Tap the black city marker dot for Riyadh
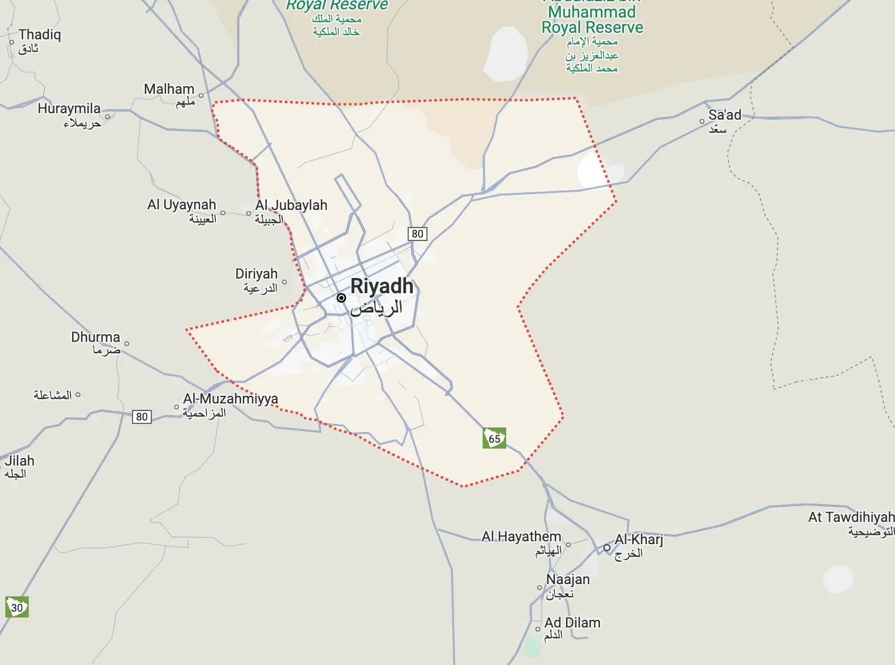click(341, 298)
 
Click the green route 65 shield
click(494, 438)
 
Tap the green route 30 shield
click(17, 607)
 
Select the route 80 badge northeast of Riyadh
click(417, 233)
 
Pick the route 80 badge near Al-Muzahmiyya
click(142, 416)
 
